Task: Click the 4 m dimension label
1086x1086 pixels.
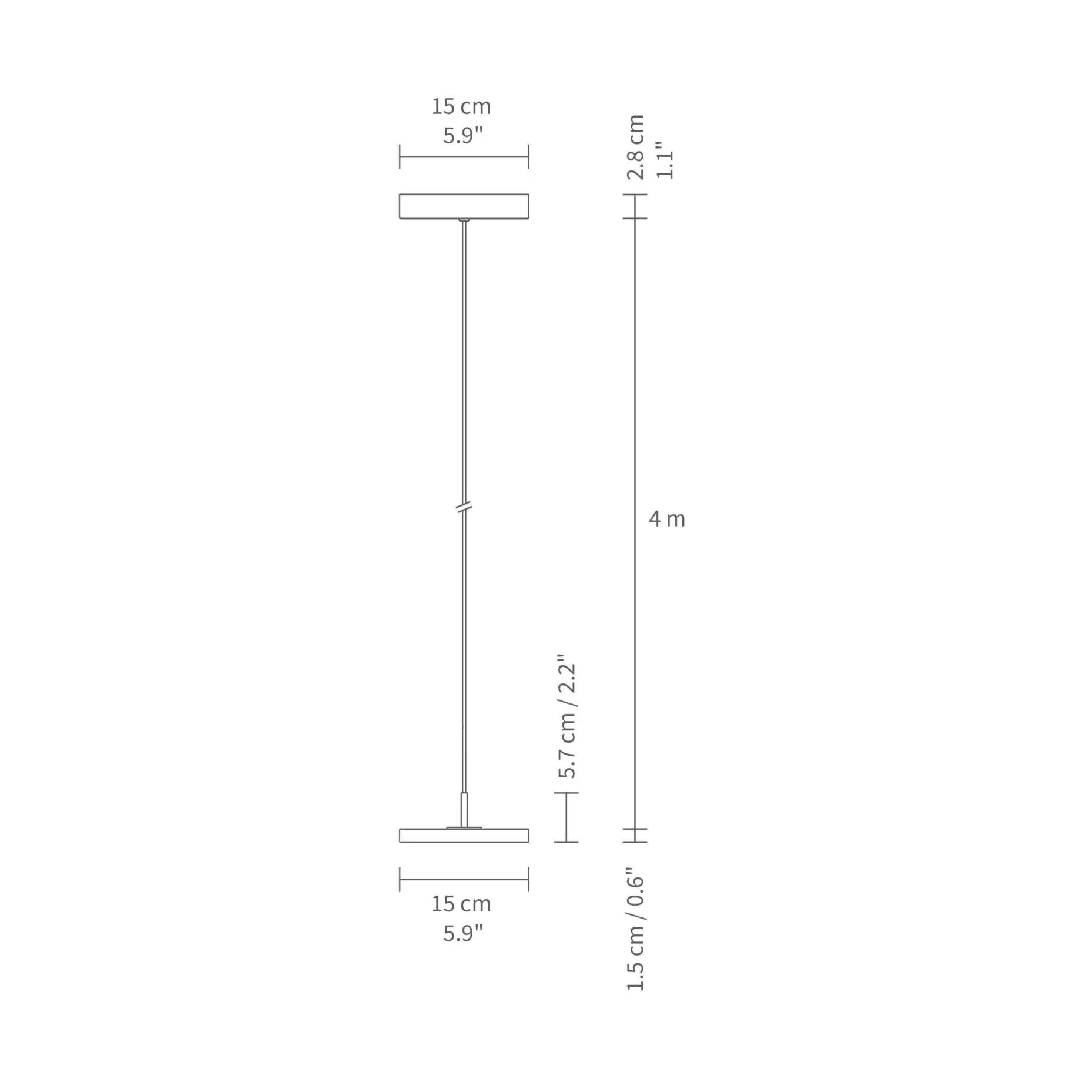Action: pos(667,519)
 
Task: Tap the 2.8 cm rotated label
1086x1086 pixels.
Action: pos(636,147)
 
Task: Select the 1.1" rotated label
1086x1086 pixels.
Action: pos(665,160)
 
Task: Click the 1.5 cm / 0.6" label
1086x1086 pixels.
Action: pos(636,929)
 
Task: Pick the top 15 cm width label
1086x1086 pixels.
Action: pos(461,106)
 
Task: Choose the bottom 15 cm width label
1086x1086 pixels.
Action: pos(461,904)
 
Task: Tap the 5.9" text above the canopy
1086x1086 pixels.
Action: pos(462,135)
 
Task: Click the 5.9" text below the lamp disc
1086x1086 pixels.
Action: pos(462,933)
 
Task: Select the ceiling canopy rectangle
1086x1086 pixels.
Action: pos(464,206)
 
